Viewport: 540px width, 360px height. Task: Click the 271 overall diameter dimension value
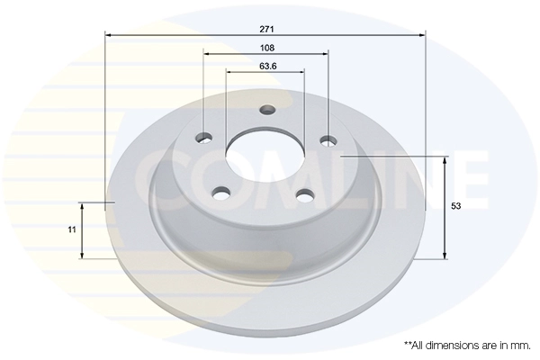point(265,28)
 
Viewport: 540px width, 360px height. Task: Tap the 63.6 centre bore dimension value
point(265,66)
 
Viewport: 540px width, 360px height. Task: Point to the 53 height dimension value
point(456,207)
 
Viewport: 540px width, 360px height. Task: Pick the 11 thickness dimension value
point(71,231)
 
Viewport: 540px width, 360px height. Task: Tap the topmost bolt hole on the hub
point(266,111)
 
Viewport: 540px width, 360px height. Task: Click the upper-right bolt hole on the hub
point(328,139)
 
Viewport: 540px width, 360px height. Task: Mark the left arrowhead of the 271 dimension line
point(109,35)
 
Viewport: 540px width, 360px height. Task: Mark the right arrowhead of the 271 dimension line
point(423,35)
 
